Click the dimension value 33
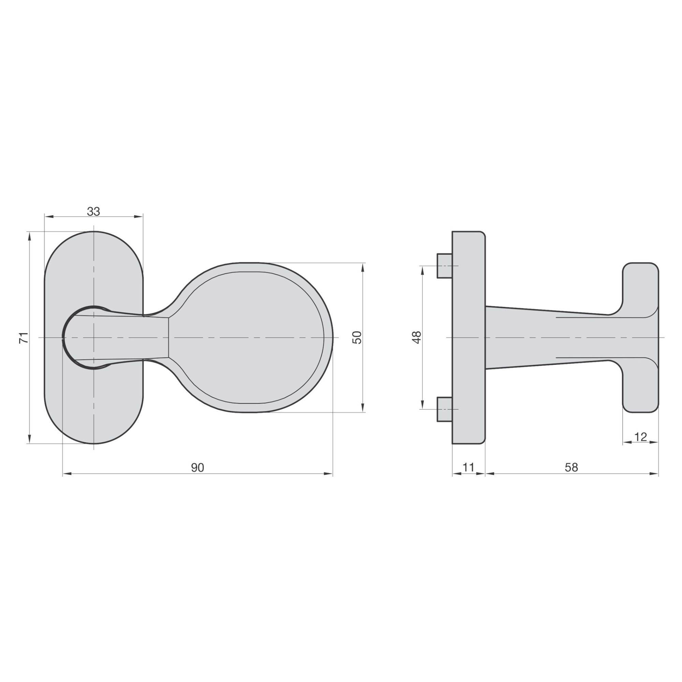point(93,211)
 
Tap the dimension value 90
point(198,468)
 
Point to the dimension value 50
point(357,338)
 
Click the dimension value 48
point(417,337)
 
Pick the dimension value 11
point(468,468)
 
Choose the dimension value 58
point(572,468)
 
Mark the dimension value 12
point(640,437)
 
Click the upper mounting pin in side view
point(444,265)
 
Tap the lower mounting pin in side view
point(444,409)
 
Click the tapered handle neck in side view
point(547,338)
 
